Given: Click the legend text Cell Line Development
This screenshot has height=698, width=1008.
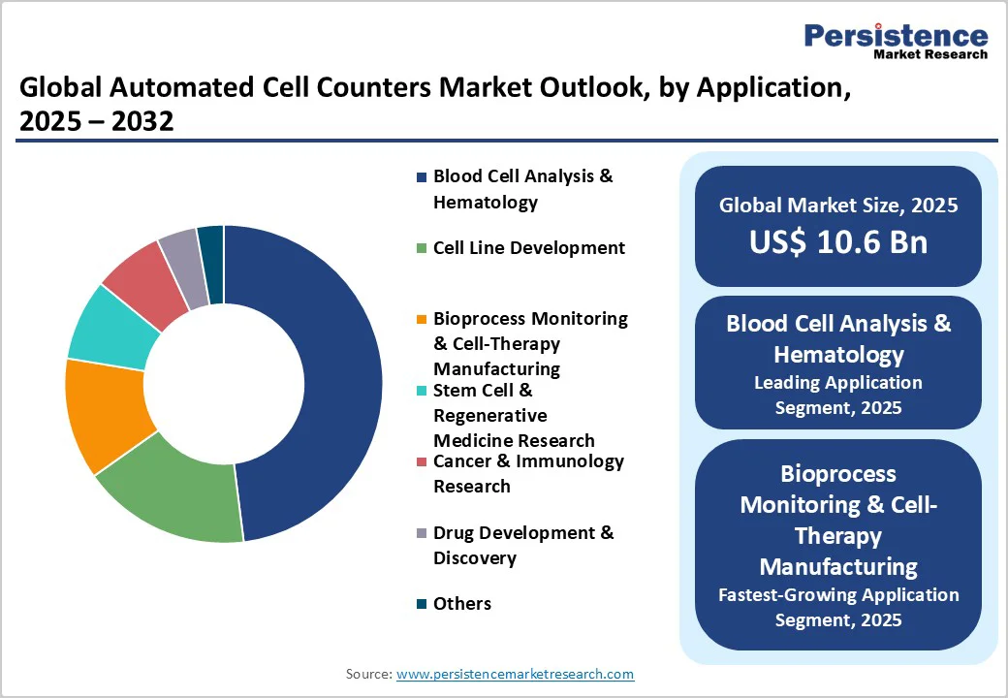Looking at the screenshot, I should pyautogui.click(x=528, y=248).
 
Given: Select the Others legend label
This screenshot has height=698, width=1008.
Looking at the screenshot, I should pyautogui.click(x=461, y=604).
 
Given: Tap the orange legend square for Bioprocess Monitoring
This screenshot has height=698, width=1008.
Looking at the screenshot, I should pyautogui.click(x=421, y=320).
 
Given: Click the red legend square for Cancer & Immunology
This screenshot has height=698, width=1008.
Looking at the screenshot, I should pyautogui.click(x=421, y=462).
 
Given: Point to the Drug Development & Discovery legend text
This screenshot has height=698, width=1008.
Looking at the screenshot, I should pyautogui.click(x=523, y=545).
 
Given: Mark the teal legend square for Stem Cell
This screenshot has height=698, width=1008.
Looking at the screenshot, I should pyautogui.click(x=421, y=392).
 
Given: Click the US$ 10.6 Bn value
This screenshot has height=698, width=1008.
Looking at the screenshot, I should pyautogui.click(x=837, y=242).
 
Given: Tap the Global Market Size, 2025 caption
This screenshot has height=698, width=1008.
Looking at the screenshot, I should pyautogui.click(x=837, y=206).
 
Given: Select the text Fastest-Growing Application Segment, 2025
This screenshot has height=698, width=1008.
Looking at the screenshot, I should pyautogui.click(x=837, y=607).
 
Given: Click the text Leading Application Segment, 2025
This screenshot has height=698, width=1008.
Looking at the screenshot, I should pyautogui.click(x=837, y=395).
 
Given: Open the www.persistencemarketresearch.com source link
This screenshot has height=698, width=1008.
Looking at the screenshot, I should pyautogui.click(x=515, y=674).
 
